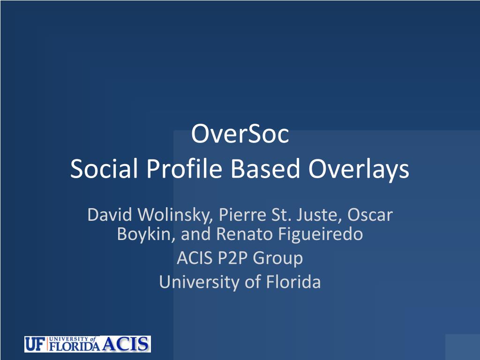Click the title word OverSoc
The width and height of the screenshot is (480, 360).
click(x=240, y=134)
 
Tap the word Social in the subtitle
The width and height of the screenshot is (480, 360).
click(x=104, y=169)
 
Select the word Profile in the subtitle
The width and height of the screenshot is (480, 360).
click(x=184, y=169)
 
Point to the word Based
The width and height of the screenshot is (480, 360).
click(x=265, y=169)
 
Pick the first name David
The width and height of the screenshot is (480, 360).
click(x=110, y=215)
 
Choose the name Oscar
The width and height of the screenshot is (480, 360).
click(x=370, y=215)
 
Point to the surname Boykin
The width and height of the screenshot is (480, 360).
click(x=146, y=234)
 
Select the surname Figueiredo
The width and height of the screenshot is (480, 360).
click(x=321, y=234)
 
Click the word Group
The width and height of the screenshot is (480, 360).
click(x=277, y=259)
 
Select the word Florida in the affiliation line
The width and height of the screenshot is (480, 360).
click(x=293, y=282)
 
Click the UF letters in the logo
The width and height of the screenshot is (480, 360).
click(x=35, y=344)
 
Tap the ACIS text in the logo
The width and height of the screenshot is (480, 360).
click(x=126, y=344)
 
